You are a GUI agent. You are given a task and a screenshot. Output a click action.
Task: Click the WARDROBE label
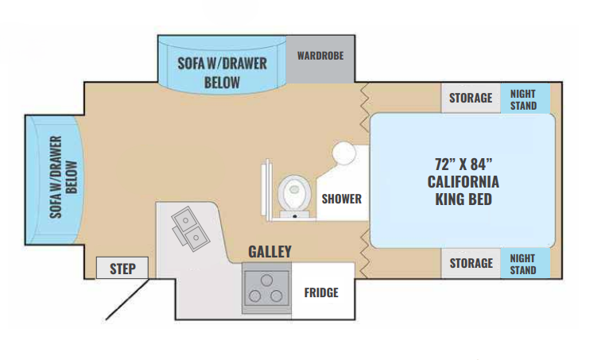(320, 56)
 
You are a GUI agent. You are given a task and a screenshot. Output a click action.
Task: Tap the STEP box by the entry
(122, 268)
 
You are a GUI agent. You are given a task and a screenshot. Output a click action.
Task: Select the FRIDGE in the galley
(323, 291)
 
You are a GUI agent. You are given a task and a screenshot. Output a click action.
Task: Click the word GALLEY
(269, 252)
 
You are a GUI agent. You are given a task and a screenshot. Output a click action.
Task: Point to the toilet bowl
(294, 192)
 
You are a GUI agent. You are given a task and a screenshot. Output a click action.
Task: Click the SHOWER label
(342, 199)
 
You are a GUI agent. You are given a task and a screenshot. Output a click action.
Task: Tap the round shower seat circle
(343, 153)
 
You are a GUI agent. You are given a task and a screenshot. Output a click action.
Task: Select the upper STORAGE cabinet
(471, 98)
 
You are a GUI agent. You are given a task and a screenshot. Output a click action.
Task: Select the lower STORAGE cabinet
(471, 263)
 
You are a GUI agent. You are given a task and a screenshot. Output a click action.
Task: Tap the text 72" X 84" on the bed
(463, 165)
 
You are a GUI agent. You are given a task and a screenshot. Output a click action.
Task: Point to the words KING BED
(463, 199)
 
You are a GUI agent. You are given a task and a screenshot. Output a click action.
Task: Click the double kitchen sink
(191, 229)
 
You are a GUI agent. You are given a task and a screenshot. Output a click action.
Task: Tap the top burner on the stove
(266, 281)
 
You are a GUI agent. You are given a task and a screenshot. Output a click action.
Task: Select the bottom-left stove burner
(255, 296)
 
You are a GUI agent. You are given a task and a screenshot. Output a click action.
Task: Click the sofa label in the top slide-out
(222, 73)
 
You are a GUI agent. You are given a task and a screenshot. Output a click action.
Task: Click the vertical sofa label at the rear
(64, 177)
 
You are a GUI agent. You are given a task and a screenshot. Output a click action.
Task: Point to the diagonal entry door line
(127, 299)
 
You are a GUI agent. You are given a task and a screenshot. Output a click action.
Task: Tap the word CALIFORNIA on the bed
(463, 182)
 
